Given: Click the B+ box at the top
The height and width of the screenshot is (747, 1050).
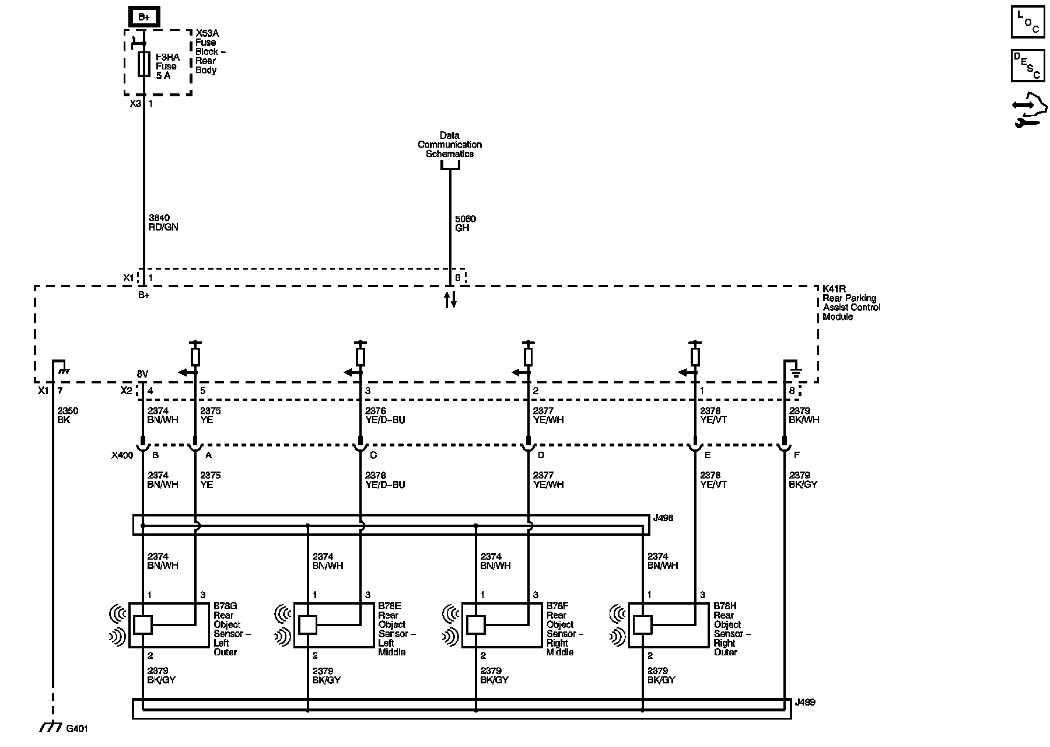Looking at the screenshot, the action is tap(143, 17).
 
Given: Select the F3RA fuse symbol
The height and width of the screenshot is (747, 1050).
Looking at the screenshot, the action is tap(143, 64).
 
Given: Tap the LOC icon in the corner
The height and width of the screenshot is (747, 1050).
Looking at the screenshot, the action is tap(1027, 22).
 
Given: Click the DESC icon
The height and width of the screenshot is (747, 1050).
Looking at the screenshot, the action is tap(1027, 65).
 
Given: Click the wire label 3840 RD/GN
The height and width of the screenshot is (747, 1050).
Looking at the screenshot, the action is tap(163, 222).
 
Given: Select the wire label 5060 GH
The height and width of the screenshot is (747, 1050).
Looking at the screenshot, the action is tap(466, 224).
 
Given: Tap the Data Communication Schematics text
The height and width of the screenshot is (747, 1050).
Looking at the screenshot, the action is tap(450, 145).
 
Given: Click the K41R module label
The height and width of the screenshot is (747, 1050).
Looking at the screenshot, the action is tap(850, 303).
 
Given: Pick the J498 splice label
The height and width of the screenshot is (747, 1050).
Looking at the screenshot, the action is tap(664, 518).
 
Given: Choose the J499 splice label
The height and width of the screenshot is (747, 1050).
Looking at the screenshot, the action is tap(805, 702).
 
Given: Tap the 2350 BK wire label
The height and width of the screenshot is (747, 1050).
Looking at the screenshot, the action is tap(68, 415).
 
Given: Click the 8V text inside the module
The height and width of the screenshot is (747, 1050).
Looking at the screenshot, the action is tap(142, 373).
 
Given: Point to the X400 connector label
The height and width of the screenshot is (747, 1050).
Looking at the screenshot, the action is tap(122, 455).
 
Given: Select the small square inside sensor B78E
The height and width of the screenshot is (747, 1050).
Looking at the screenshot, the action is tap(307, 625).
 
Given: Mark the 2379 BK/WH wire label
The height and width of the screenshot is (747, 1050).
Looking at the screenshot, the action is tap(804, 415).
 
